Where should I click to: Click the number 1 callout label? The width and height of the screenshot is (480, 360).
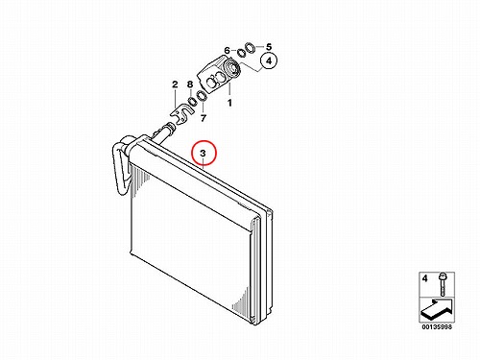point(229,103)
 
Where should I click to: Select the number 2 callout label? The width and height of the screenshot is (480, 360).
point(175,84)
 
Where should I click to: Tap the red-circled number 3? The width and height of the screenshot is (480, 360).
point(204,153)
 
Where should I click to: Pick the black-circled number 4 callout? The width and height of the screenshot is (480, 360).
point(269,60)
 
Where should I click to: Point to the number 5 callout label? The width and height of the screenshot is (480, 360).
point(269,47)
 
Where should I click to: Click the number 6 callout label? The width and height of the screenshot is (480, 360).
point(227,51)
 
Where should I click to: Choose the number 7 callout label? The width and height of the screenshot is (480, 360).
point(204,118)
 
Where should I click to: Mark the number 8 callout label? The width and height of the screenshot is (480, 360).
point(190,84)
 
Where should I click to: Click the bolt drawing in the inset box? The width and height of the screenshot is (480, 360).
point(443,284)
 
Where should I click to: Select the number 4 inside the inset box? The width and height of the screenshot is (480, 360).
point(424,278)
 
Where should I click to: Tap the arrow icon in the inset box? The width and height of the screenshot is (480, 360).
point(436,308)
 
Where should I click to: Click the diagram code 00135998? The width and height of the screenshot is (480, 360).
point(437,327)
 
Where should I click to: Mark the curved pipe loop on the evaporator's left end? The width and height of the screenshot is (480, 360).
point(119,166)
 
